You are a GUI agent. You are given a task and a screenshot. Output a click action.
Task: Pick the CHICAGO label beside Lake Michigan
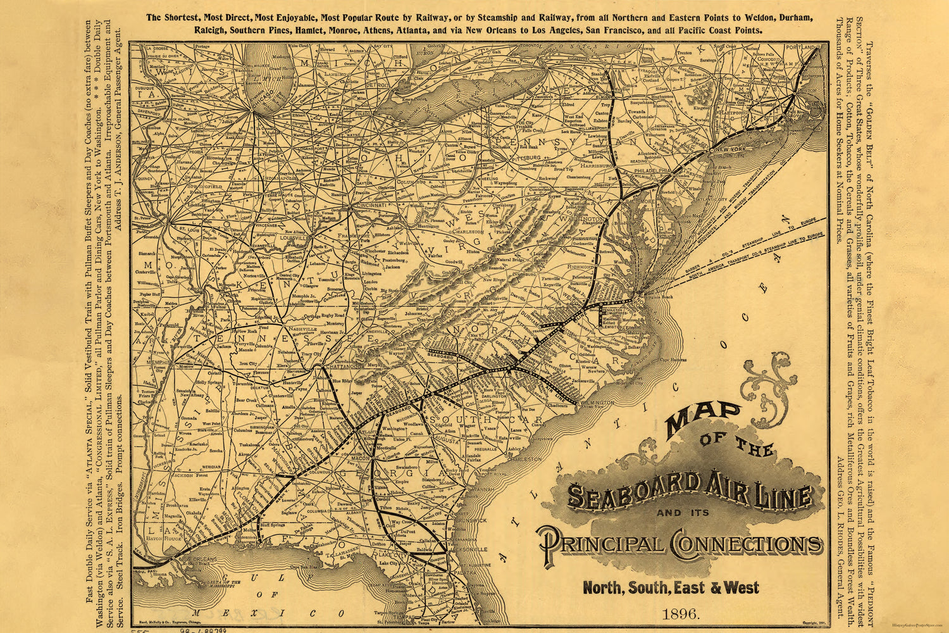261,94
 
